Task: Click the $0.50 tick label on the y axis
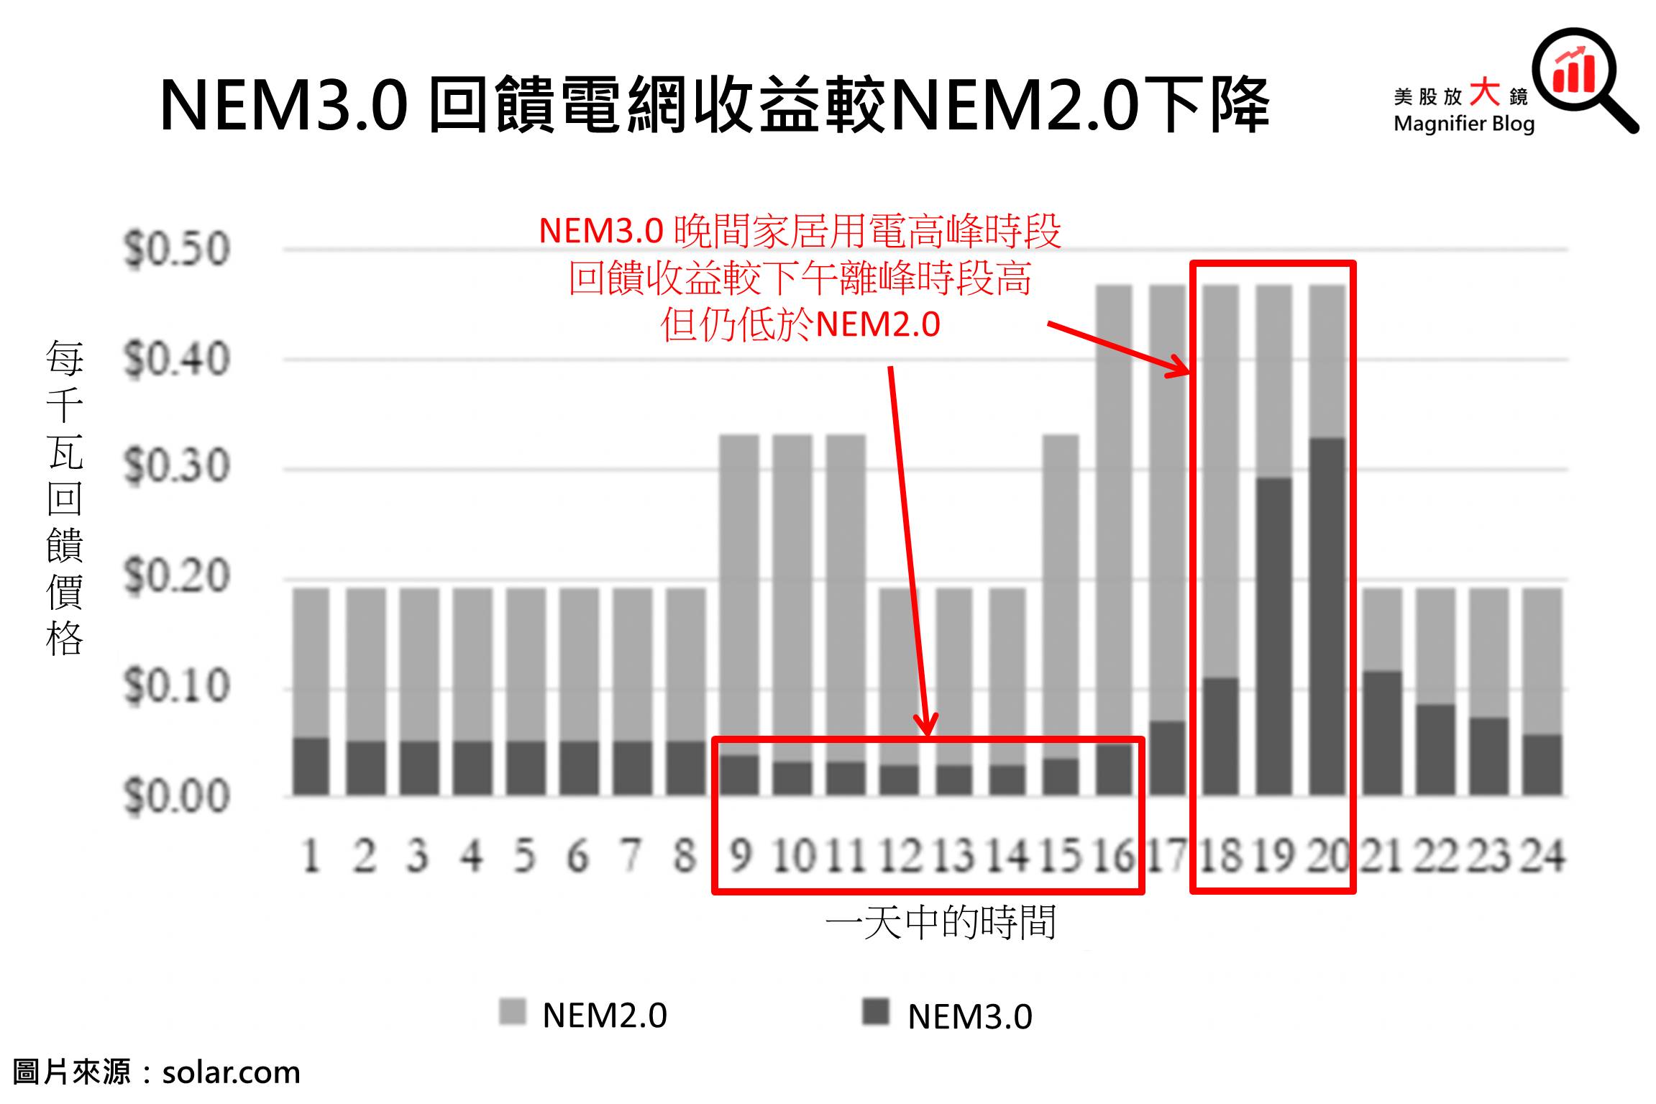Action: pos(177,250)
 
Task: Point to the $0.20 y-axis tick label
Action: pos(177,577)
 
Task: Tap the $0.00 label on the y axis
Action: pos(177,797)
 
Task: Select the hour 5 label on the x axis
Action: pos(524,857)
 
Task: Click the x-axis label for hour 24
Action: pos(1543,857)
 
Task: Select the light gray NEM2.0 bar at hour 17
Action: pos(1167,503)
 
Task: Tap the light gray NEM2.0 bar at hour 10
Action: pos(792,597)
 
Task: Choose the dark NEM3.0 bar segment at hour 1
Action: pos(311,767)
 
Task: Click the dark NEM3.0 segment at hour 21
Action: pos(1381,734)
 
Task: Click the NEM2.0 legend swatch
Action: pos(513,1012)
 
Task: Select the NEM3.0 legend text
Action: pos(970,1016)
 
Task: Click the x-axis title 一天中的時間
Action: pos(941,923)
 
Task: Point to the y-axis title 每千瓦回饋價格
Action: pos(65,498)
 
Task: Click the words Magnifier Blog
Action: pos(1464,124)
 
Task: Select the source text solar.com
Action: pos(231,1072)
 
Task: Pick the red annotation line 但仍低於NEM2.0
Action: pos(800,324)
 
